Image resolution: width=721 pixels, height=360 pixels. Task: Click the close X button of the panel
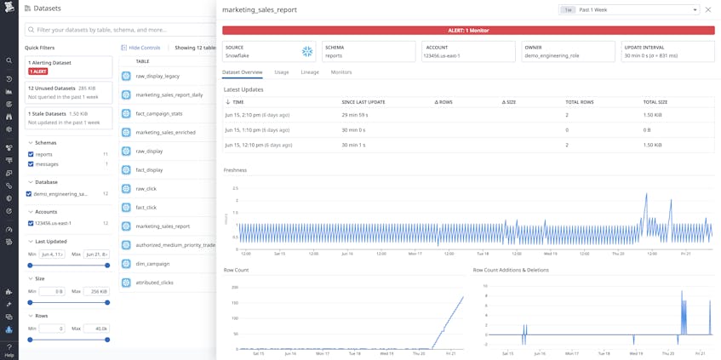coord(708,9)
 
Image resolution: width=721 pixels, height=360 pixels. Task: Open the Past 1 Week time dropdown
coord(630,9)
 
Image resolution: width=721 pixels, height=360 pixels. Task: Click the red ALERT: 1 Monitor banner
coord(467,31)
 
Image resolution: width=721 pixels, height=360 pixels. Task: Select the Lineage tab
coord(310,72)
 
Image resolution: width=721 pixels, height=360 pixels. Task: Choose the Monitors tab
coord(340,72)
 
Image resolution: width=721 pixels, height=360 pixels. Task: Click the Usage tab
coord(282,72)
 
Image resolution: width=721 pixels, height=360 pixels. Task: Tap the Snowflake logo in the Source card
coord(307,52)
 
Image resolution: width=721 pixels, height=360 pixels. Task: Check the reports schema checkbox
coord(31,155)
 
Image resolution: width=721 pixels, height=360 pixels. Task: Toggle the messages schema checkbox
coord(31,164)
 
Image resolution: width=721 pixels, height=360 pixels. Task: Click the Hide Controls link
coord(140,49)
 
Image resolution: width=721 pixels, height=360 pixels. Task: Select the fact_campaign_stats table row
coord(158,113)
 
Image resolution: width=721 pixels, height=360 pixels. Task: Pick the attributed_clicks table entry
coord(154,283)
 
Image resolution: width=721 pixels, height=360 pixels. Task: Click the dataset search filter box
coord(119,30)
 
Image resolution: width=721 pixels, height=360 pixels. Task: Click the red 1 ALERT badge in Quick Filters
coord(38,71)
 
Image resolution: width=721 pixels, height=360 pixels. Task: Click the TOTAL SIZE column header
coord(655,102)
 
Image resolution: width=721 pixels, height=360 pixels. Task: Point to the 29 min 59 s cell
coord(354,115)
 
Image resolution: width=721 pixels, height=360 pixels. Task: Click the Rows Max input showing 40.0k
coord(96,329)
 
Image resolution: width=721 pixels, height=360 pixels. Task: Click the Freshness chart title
coord(235,170)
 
